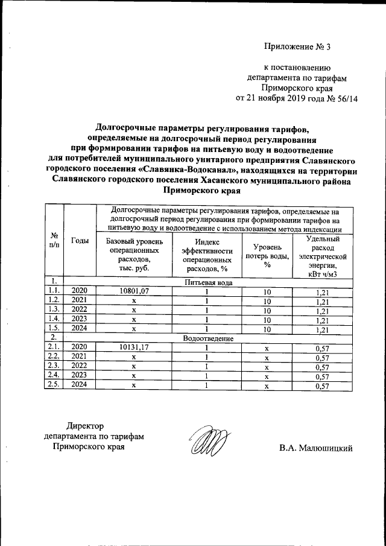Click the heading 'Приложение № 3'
297,46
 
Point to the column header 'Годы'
80,241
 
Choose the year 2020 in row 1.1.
80,291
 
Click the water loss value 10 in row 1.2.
267,300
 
